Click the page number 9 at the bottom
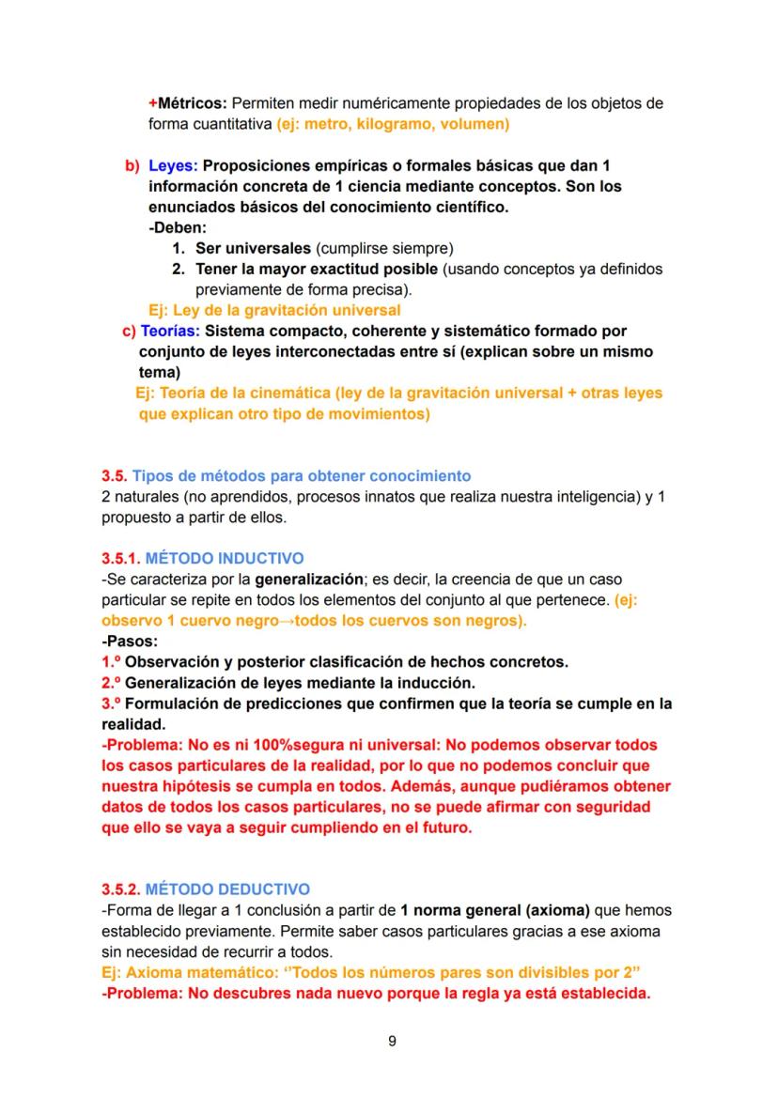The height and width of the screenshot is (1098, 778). [390, 1040]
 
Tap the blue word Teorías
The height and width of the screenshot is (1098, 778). [170, 331]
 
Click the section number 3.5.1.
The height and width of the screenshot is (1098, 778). [121, 558]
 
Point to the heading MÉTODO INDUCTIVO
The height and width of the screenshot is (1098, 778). [225, 558]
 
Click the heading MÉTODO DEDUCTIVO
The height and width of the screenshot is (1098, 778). [228, 889]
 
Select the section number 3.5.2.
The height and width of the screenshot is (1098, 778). [121, 889]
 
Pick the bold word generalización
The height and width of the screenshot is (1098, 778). [311, 579]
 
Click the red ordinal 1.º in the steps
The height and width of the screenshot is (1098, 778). [111, 661]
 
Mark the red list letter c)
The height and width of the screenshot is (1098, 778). [129, 331]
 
